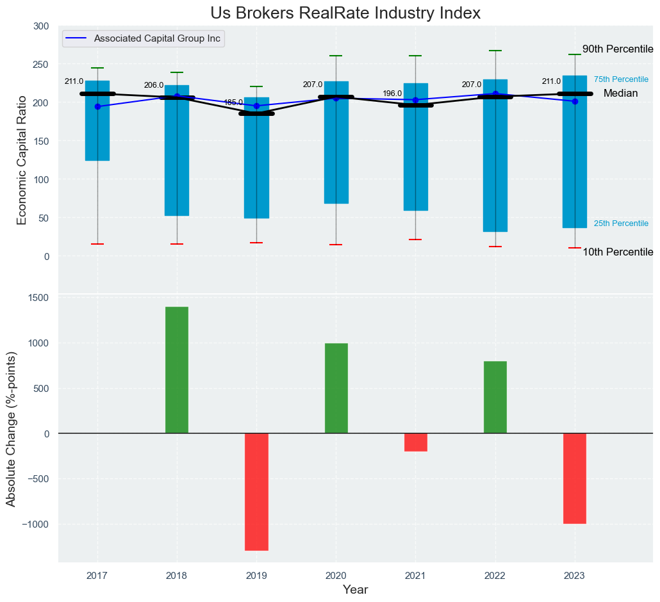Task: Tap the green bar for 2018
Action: coord(177,370)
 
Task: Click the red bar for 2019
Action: coord(256,492)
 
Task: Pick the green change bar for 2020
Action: coord(336,388)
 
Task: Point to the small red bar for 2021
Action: coord(415,442)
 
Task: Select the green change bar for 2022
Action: coord(495,397)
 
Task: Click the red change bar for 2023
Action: coord(575,478)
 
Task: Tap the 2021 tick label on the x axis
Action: coord(415,576)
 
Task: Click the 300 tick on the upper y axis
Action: coord(41,26)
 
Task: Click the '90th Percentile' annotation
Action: coord(617,49)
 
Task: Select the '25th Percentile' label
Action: coord(621,224)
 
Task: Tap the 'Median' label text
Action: coord(620,94)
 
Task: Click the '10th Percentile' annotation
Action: coord(617,252)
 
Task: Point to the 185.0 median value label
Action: coord(233,102)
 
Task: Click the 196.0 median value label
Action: coord(392,94)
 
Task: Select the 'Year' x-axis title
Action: coord(355,590)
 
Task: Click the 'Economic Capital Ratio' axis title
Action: coord(22,160)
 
